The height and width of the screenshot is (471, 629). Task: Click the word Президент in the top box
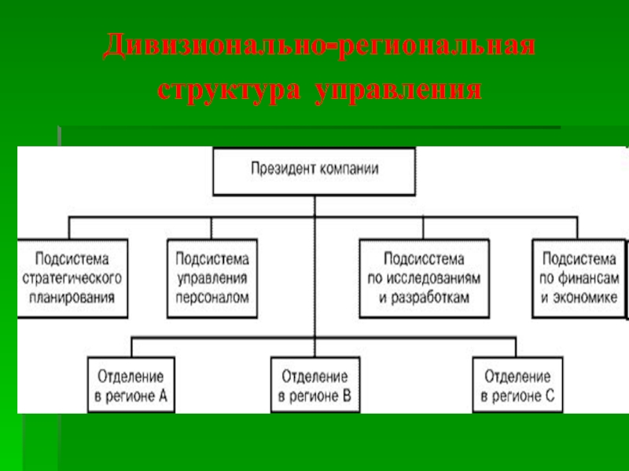coord(281,169)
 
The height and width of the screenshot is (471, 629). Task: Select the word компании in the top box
coord(347,169)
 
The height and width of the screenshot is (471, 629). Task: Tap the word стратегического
coord(72,279)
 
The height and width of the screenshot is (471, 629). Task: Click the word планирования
coord(72,298)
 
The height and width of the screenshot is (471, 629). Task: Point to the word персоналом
coord(212,298)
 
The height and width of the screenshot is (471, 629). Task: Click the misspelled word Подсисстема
coord(424,259)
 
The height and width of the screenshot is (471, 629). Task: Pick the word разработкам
coord(429,298)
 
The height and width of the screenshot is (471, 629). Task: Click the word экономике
coord(585,298)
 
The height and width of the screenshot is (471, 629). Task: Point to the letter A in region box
coord(163,396)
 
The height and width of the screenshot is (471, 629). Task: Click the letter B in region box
coord(347,396)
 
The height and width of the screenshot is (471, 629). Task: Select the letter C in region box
coord(550,396)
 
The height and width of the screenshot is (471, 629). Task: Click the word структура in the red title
coord(229,89)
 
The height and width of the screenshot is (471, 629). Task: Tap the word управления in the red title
coord(399,89)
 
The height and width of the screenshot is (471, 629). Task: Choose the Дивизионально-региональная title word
coord(319,46)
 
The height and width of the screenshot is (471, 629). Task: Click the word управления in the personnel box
coord(212,279)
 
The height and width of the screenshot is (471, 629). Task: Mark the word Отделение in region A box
coord(131,377)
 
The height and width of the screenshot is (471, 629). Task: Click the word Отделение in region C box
coord(517,377)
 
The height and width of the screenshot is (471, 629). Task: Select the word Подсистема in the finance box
coord(579,259)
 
